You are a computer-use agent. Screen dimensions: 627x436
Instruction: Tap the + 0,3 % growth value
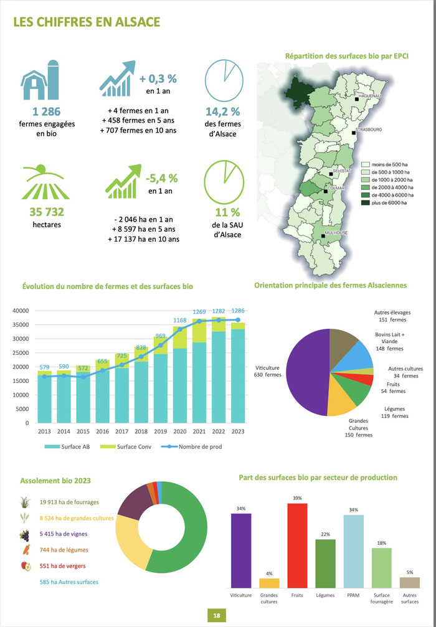(x=158, y=79)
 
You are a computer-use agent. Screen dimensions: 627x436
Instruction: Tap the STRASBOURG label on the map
(x=369, y=130)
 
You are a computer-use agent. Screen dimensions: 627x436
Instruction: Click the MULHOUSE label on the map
(x=336, y=232)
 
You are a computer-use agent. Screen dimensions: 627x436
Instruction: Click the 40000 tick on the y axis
(x=21, y=311)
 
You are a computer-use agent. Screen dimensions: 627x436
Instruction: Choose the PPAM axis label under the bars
(x=353, y=595)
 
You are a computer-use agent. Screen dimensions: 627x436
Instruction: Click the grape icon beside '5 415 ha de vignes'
(x=25, y=534)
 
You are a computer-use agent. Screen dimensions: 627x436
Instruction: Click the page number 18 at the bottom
(x=217, y=615)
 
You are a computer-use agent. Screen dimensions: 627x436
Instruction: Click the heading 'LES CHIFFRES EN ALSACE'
(x=87, y=22)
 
